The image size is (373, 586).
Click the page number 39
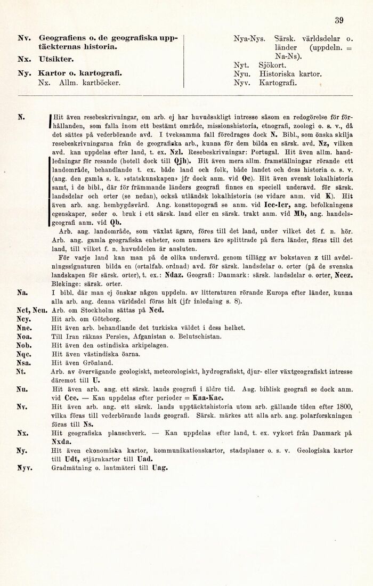(x=338, y=21)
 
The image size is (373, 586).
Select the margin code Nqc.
(x=24, y=353)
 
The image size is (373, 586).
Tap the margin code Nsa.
(x=23, y=362)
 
